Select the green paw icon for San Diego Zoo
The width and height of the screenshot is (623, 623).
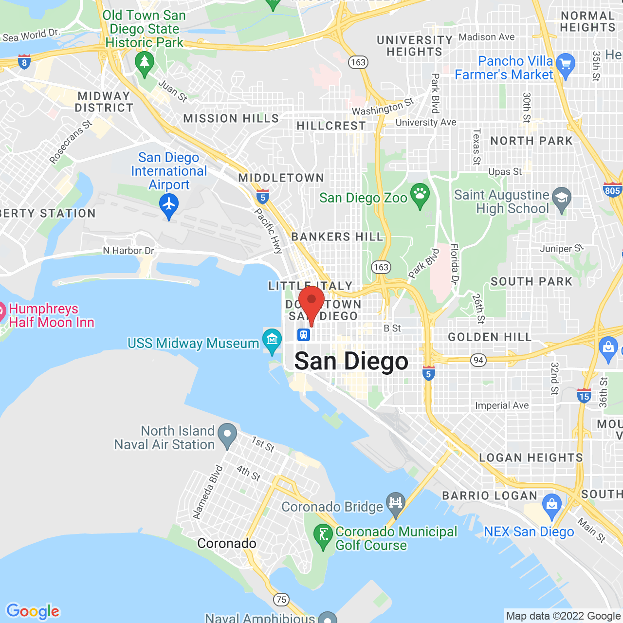click(420, 195)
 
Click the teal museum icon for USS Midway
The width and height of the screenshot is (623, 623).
click(272, 339)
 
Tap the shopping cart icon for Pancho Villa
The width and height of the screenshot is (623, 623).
click(565, 65)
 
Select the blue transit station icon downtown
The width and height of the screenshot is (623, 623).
click(304, 335)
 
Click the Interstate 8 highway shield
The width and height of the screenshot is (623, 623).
click(24, 62)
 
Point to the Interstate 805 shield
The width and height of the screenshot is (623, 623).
click(612, 190)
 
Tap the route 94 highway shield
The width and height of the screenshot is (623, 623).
click(478, 360)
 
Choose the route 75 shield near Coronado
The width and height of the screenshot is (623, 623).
click(281, 600)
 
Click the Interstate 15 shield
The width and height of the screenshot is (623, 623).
click(584, 396)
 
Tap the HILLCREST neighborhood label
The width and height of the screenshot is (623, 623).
click(331, 126)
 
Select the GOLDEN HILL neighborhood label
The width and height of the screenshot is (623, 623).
click(490, 337)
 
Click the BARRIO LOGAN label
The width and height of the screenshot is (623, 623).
click(490, 495)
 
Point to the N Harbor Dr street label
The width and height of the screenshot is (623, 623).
click(128, 251)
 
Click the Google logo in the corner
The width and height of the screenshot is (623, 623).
click(33, 611)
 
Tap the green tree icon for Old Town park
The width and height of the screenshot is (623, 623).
click(144, 63)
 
